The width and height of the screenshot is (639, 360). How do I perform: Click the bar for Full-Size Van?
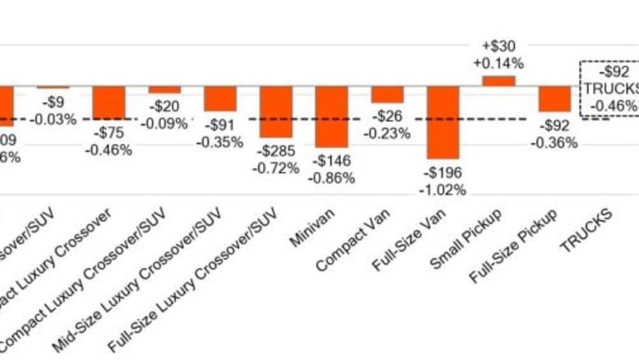click(443, 122)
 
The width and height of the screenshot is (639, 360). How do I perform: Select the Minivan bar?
click(332, 116)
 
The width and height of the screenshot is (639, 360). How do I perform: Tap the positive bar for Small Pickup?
click(499, 81)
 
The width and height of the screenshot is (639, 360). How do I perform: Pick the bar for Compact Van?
click(387, 94)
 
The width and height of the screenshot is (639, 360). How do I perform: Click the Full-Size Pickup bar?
click(555, 98)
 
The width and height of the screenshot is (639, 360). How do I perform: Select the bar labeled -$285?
click(276, 112)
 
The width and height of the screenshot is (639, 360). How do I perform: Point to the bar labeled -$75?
click(109, 102)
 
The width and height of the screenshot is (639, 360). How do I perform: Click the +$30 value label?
click(499, 46)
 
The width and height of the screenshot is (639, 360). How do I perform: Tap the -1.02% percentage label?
click(443, 190)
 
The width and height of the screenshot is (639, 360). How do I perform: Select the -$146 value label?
click(332, 160)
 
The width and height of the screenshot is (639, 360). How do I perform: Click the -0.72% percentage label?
click(276, 168)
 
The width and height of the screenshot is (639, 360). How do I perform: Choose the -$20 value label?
click(164, 106)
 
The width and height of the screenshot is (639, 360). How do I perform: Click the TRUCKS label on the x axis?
click(586, 230)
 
